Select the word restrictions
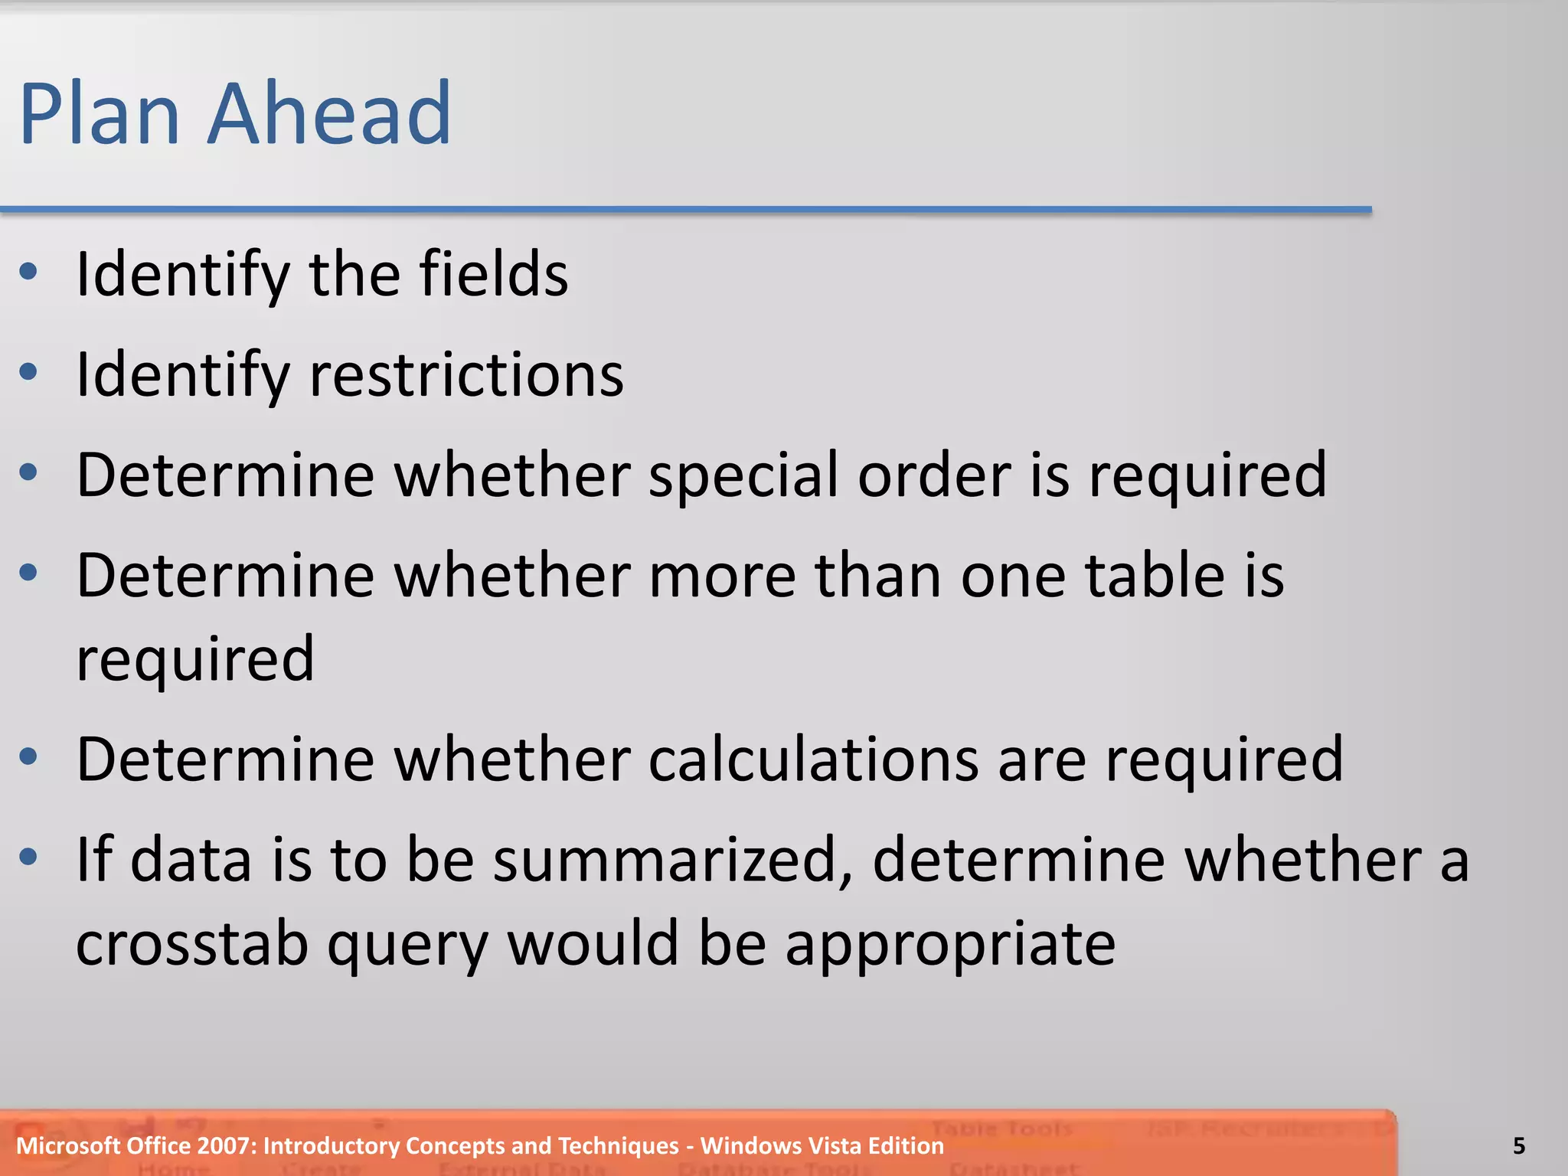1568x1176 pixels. pyautogui.click(x=466, y=375)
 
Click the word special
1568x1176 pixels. pyautogui.click(x=743, y=476)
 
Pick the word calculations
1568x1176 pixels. pyautogui.click(x=814, y=759)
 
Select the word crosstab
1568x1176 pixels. pyautogui.click(x=192, y=943)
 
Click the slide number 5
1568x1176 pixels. pyautogui.click(x=1519, y=1146)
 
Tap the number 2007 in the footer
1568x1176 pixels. pyautogui.click(x=226, y=1146)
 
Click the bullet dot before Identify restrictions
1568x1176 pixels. pyautogui.click(x=28, y=372)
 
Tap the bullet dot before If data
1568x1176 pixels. pyautogui.click(x=28, y=856)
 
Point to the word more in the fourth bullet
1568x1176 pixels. pyautogui.click(x=722, y=576)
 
